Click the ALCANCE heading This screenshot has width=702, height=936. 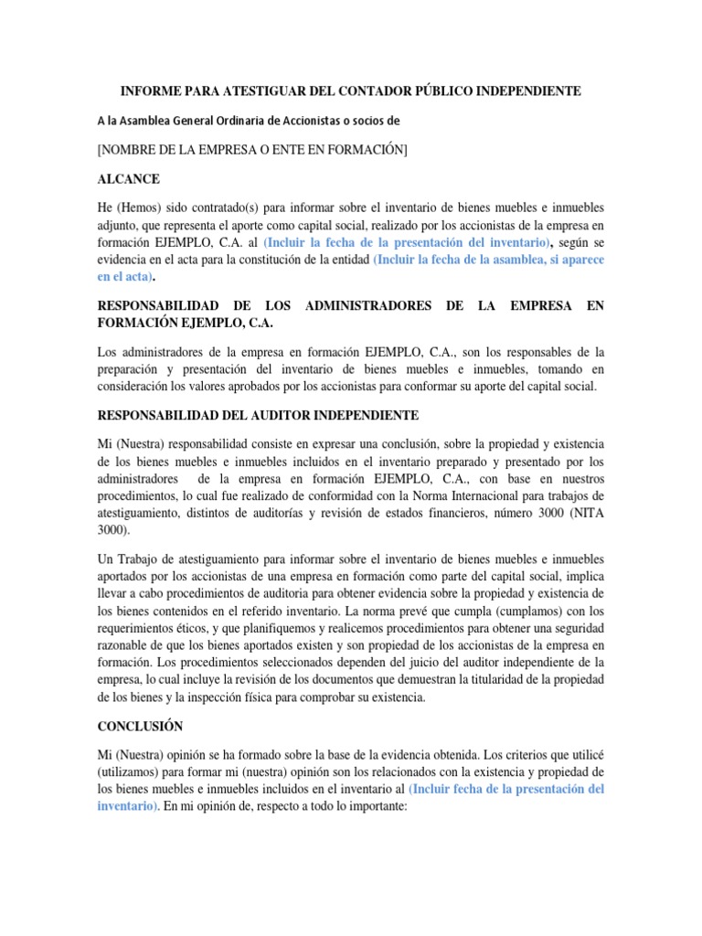tap(132, 178)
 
